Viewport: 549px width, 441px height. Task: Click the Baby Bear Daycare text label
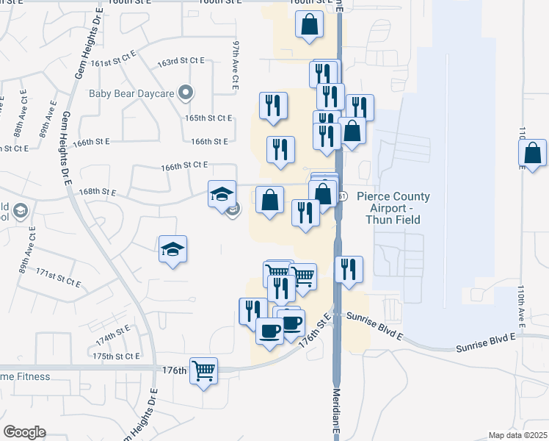point(135,93)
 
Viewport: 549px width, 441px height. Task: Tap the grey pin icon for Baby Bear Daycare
point(187,93)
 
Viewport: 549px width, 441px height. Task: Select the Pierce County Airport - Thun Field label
point(388,208)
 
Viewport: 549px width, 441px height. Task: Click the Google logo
point(24,432)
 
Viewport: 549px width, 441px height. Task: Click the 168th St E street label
point(98,192)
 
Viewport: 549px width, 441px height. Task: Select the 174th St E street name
point(112,338)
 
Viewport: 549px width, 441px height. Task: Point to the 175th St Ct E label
point(116,356)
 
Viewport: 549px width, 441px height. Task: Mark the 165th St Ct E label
point(208,118)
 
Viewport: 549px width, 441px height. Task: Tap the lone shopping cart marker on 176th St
point(204,370)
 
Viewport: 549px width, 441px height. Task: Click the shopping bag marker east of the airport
point(532,154)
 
